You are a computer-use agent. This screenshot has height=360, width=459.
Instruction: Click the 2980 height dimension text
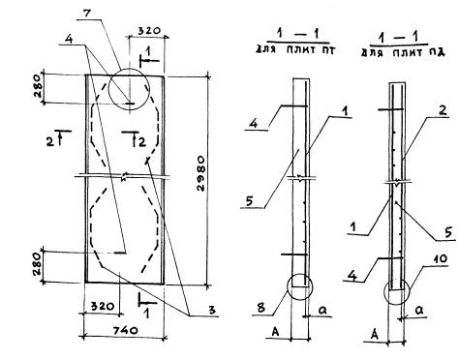click(x=200, y=173)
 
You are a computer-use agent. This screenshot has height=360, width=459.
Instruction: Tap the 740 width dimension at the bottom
click(x=126, y=330)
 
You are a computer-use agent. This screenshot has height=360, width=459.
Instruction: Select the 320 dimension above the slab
click(x=149, y=31)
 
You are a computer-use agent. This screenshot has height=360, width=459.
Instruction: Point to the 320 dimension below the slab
click(x=104, y=306)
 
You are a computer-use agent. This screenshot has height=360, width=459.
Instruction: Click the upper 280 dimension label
click(x=37, y=86)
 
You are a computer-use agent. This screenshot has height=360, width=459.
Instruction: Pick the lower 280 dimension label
click(x=37, y=264)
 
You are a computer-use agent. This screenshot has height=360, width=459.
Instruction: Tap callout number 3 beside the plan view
click(x=212, y=310)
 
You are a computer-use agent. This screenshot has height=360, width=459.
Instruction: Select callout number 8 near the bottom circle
click(x=260, y=308)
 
